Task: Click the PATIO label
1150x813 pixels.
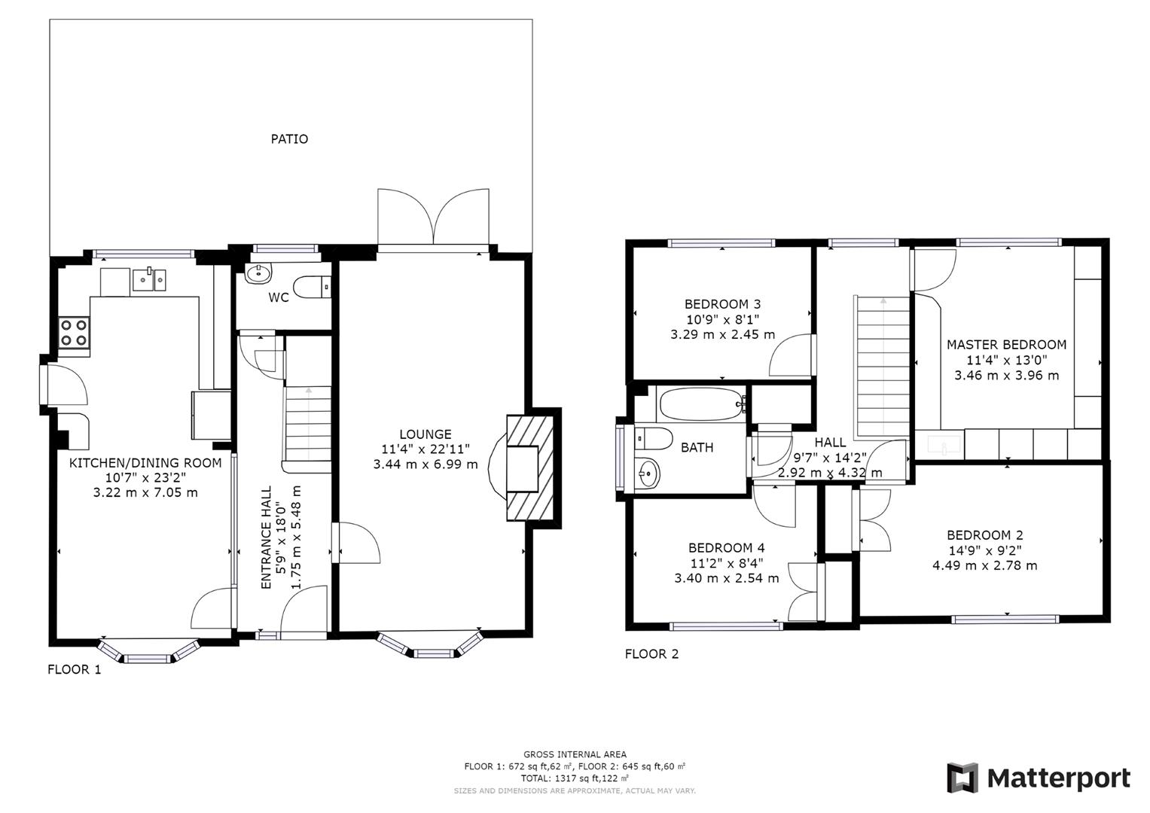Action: [x=290, y=139]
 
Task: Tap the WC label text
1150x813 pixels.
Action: [x=279, y=297]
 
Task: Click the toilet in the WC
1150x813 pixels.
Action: [x=311, y=287]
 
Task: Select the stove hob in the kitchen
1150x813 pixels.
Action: [x=74, y=333]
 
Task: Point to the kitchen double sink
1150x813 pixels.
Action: [x=151, y=279]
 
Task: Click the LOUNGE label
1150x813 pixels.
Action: [x=426, y=434]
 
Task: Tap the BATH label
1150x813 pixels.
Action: [x=697, y=448]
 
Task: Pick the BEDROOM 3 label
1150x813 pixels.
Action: [x=722, y=304]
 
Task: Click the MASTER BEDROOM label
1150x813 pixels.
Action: [x=1006, y=345]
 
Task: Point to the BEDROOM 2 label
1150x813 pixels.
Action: [x=984, y=535]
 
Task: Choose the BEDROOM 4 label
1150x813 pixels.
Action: [x=726, y=548]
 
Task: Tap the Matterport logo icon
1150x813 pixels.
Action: [x=962, y=778]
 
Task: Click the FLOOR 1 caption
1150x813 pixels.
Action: [x=74, y=669]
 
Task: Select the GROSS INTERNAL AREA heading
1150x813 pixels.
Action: [x=575, y=754]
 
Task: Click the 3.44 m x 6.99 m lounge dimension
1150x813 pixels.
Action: [x=426, y=464]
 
